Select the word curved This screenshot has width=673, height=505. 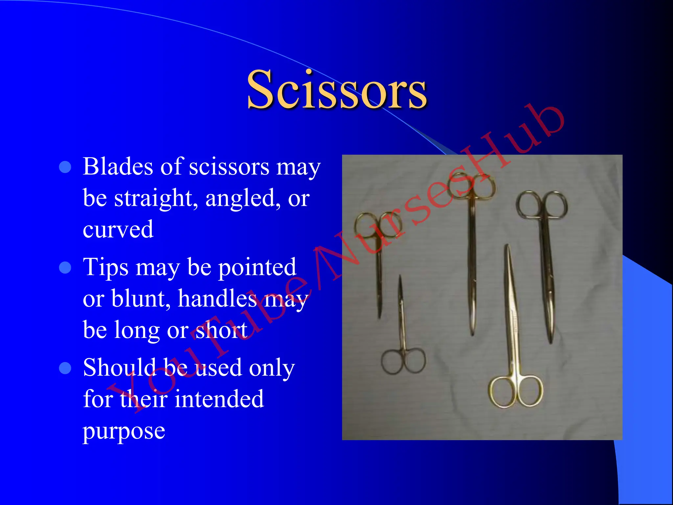coord(118,229)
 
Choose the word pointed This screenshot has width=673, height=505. coord(257,268)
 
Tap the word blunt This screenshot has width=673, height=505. coord(141,299)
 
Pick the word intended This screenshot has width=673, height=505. coord(219,399)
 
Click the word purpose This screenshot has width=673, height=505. coord(124,430)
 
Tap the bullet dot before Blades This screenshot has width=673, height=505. coord(65,167)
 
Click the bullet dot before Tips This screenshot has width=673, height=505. coord(65,268)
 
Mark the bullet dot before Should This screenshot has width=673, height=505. coord(65,368)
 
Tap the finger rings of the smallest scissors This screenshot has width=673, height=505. coord(404,361)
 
